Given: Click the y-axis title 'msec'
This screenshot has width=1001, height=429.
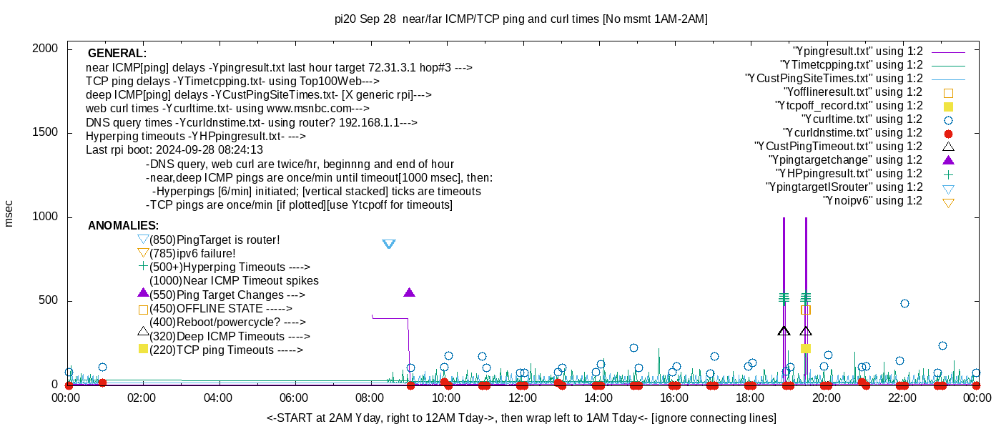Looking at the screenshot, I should pyautogui.click(x=9, y=213).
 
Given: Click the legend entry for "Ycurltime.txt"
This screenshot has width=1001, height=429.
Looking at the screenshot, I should pyautogui.click(x=861, y=119).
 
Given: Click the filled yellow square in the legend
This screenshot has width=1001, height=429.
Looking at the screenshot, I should pyautogui.click(x=949, y=106).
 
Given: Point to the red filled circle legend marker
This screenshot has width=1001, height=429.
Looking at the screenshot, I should pyautogui.click(x=949, y=133).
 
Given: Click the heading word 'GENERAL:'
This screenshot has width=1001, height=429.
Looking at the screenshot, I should pyautogui.click(x=117, y=54).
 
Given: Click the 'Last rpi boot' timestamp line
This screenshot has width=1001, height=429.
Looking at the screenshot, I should pyautogui.click(x=174, y=150).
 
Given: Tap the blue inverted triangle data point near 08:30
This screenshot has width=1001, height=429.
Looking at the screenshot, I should pyautogui.click(x=389, y=244).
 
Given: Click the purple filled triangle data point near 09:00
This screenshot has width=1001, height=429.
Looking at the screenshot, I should pyautogui.click(x=409, y=292).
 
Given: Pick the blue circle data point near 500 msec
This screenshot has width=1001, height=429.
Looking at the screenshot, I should pyautogui.click(x=904, y=303).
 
